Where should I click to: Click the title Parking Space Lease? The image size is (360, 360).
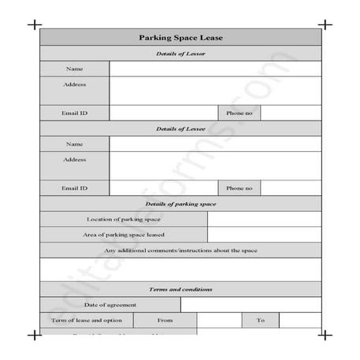pos(180,37)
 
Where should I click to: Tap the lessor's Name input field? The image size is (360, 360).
pos(215,68)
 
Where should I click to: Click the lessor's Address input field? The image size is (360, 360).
pos(215,90)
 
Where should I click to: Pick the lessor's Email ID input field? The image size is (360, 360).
pos(163,113)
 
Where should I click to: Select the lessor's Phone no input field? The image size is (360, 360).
pos(291,113)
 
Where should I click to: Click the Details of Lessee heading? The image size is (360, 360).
pos(180,128)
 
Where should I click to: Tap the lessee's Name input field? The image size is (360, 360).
pos(215,143)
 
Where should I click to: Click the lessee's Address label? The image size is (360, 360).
pos(75,159)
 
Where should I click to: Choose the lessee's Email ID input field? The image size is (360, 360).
pos(163,188)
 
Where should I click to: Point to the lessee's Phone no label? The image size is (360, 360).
pos(239,188)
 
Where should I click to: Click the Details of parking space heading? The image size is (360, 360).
pos(180,204)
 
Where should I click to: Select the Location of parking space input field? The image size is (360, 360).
pos(264,219)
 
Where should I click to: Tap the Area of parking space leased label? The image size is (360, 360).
pos(124,235)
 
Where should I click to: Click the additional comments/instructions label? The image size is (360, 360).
pos(180,251)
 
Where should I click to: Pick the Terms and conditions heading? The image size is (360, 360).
pos(180,289)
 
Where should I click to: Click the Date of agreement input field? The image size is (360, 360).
pos(251,305)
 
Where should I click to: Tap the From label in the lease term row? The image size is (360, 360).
pos(165,321)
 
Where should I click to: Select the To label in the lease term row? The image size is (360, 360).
pos(260,321)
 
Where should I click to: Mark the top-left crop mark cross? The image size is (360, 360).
pos(35,24)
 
